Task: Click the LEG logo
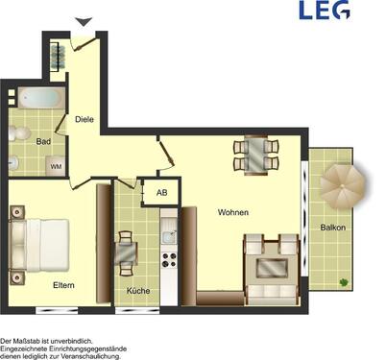point(324,11)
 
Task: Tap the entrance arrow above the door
point(84,22)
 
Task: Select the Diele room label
point(84,119)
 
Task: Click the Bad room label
point(43,141)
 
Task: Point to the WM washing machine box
point(56,166)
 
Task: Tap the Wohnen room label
point(233,212)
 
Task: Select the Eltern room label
point(64,284)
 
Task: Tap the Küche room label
point(138,289)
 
